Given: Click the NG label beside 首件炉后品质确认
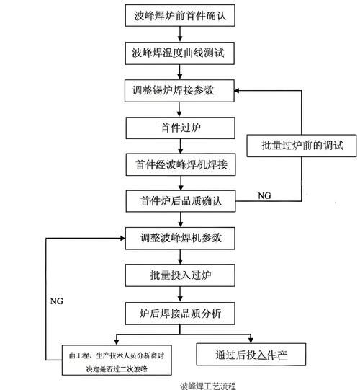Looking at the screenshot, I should [265, 195].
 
